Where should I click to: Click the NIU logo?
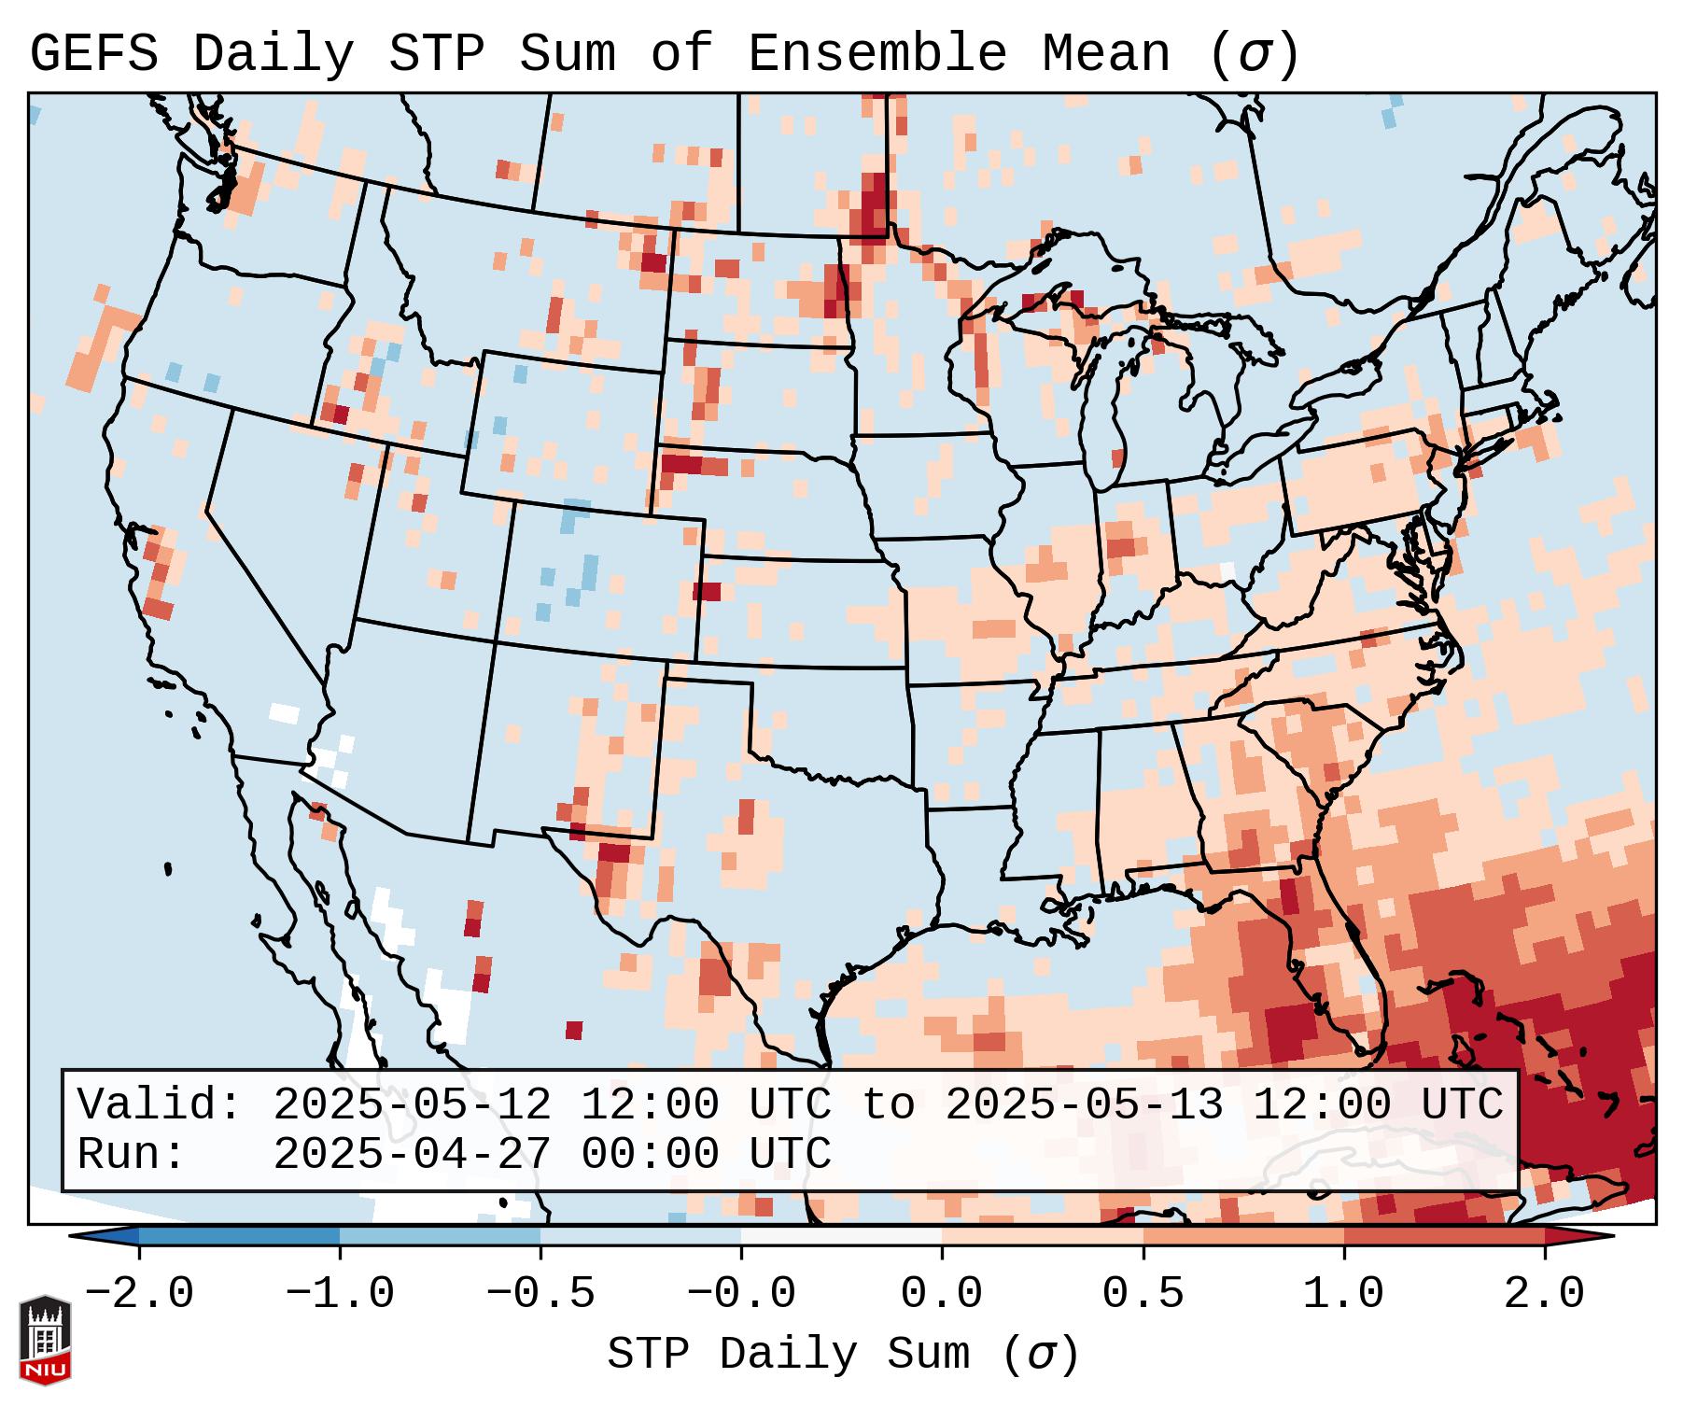(45, 1339)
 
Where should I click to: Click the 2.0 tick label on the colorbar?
(1545, 1294)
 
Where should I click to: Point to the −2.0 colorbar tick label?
(139, 1294)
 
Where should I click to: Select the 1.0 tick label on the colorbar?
(1344, 1294)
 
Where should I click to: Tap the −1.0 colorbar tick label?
(340, 1294)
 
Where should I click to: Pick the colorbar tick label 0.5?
(1143, 1294)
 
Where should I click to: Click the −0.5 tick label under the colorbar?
(540, 1294)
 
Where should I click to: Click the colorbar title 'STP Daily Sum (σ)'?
(843, 1355)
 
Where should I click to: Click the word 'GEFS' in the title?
(94, 53)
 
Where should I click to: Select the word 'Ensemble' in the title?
(877, 53)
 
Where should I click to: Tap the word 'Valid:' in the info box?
(160, 1105)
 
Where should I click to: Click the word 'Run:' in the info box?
(132, 1155)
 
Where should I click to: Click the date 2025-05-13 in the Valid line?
(1084, 1105)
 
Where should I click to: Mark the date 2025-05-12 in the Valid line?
(412, 1105)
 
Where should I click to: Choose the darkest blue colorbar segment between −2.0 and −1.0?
(239, 1236)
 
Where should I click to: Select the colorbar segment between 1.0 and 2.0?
(1444, 1236)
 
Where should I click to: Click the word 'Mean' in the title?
(1106, 53)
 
